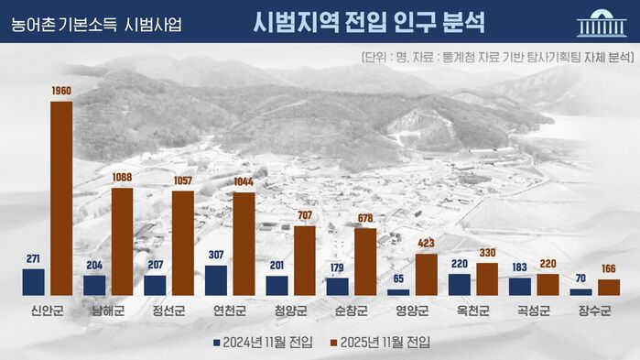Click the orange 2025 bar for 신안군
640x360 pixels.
pyautogui.click(x=61, y=198)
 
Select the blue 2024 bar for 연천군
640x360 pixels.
pyautogui.click(x=216, y=279)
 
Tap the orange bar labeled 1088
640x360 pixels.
pyautogui.click(x=122, y=241)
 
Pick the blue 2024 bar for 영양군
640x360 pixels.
pyautogui.click(x=398, y=291)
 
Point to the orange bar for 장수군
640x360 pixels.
pyautogui.click(x=608, y=287)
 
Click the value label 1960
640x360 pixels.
pyautogui.click(x=61, y=91)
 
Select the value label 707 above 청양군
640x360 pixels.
pyautogui.click(x=304, y=216)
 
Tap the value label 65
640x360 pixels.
pyautogui.click(x=398, y=278)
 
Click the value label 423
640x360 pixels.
pyautogui.click(x=426, y=245)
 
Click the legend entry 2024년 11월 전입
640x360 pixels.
pyautogui.click(x=264, y=343)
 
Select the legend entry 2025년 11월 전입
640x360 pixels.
pyautogui.click(x=377, y=343)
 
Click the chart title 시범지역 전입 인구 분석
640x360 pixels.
pyautogui.click(x=369, y=22)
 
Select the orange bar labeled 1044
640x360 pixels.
pyautogui.click(x=244, y=244)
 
